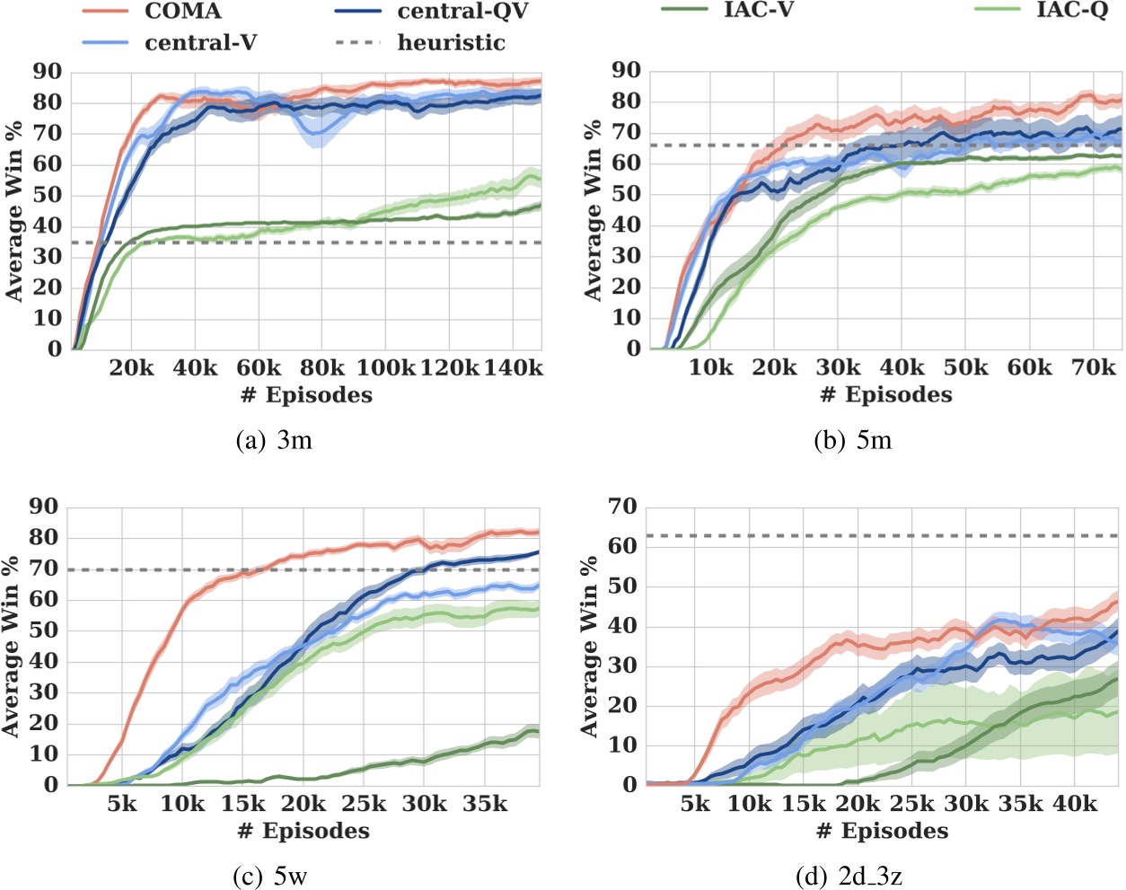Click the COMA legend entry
click(x=182, y=12)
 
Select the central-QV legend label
click(x=462, y=12)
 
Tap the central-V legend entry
click(x=200, y=42)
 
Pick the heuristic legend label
click(x=451, y=42)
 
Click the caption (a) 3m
click(x=274, y=440)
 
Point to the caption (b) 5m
click(x=852, y=440)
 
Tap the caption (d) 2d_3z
click(x=849, y=877)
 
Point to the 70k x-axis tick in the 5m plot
click(x=1093, y=368)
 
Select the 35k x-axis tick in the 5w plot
click(x=485, y=804)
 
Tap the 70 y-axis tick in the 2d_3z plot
click(x=622, y=507)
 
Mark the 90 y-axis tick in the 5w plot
click(x=43, y=507)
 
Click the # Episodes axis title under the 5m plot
click(x=886, y=395)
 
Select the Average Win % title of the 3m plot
click(x=14, y=211)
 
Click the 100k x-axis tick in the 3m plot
click(x=386, y=368)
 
